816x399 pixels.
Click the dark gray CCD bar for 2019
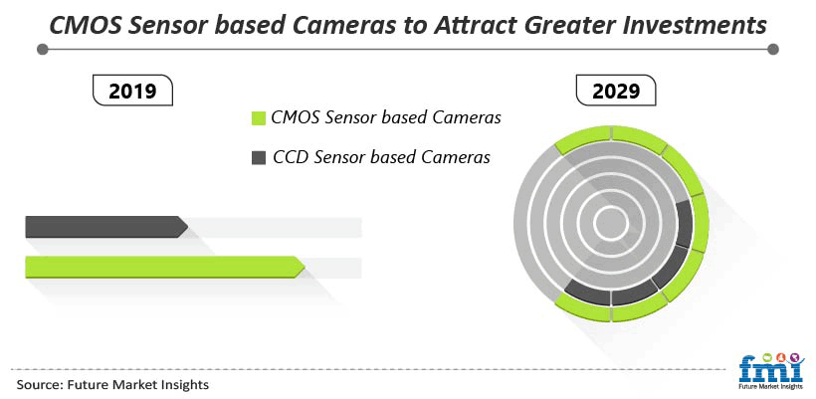click(106, 227)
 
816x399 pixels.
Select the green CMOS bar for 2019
click(165, 267)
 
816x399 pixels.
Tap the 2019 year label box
click(132, 91)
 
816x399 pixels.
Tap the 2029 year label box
click(616, 91)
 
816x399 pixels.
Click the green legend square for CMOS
click(259, 118)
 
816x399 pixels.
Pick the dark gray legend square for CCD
click(259, 157)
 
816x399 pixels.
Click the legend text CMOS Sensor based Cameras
click(386, 117)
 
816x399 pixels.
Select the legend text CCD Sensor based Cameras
click(381, 156)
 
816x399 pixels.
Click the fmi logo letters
click(771, 369)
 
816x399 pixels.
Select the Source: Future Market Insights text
click(112, 385)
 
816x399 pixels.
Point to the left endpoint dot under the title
click(43, 50)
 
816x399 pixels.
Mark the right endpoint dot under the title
click(773, 50)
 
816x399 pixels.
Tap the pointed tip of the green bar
click(305, 267)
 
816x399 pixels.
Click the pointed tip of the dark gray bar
click(188, 227)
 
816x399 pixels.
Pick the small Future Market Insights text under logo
click(771, 387)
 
